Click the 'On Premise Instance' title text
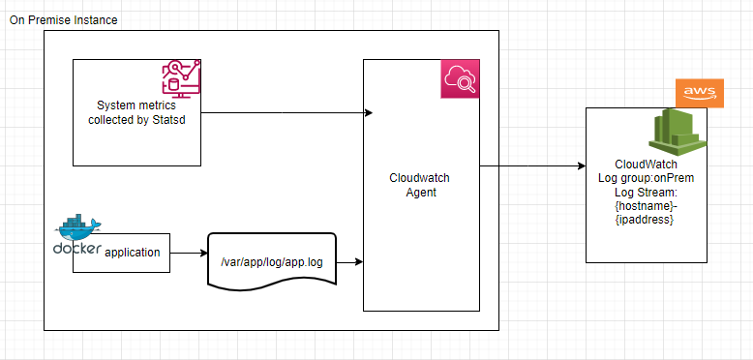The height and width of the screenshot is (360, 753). (63, 20)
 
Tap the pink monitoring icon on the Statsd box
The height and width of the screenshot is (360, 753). (180, 78)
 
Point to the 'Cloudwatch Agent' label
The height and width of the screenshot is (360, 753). (421, 185)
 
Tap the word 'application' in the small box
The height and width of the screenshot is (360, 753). (133, 253)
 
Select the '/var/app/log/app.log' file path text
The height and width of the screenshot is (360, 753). (271, 261)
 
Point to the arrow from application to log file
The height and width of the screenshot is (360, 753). (190, 253)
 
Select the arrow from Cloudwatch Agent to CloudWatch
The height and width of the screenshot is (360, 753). (532, 165)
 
